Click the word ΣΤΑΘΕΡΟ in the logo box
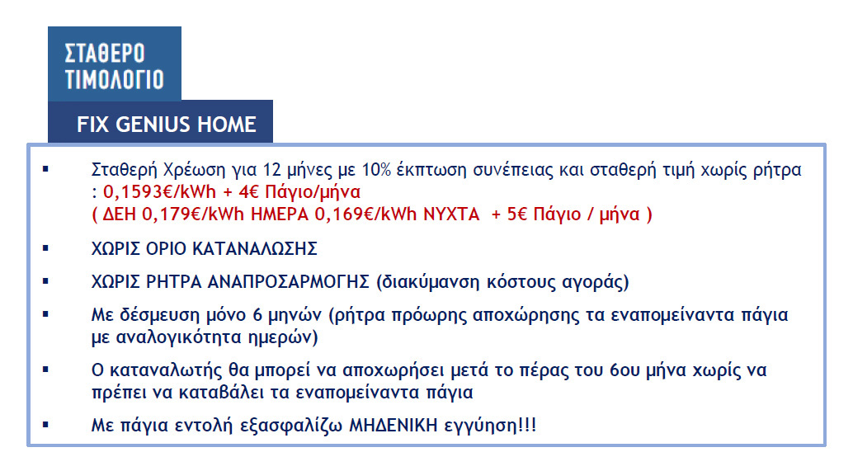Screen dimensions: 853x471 [x=105, y=54]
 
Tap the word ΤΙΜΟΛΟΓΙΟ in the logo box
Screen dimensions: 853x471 [x=114, y=79]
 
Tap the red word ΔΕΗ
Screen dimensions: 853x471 [x=119, y=214]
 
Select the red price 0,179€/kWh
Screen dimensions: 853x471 [x=193, y=214]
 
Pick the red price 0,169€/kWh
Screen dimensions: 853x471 [x=365, y=214]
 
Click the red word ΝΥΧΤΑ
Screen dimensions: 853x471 [x=451, y=214]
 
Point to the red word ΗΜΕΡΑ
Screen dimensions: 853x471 [x=280, y=214]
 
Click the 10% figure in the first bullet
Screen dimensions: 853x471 [x=376, y=170]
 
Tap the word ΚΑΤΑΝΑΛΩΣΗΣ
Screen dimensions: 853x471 [x=255, y=249]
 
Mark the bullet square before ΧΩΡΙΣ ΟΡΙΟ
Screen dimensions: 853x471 [x=45, y=248]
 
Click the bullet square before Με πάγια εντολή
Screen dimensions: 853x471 [x=45, y=424]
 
